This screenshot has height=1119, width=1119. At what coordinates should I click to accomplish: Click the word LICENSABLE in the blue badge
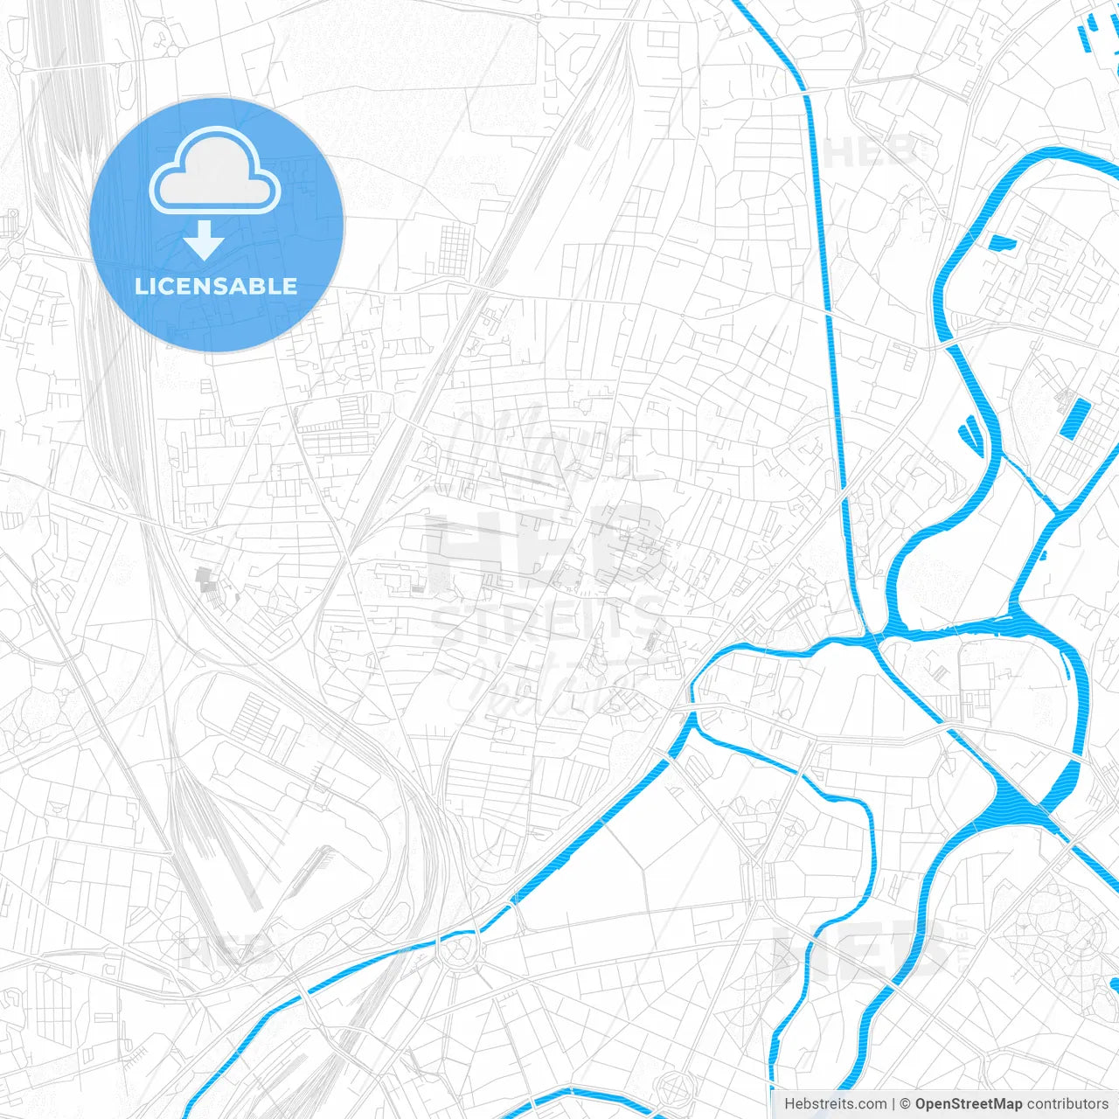pyautogui.click(x=216, y=286)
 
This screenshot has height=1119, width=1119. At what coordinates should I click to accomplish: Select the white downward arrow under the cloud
pyautogui.click(x=204, y=240)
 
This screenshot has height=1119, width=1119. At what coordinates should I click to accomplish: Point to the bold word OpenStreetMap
pyautogui.click(x=968, y=1104)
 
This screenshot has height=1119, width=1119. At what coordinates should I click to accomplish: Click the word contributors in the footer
pyautogui.click(x=1067, y=1104)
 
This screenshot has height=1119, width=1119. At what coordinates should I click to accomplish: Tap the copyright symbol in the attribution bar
pyautogui.click(x=905, y=1104)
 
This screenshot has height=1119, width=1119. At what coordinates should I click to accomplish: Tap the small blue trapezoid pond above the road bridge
pyautogui.click(x=1003, y=243)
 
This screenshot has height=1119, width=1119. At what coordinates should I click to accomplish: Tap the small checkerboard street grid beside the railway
pyautogui.click(x=455, y=248)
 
